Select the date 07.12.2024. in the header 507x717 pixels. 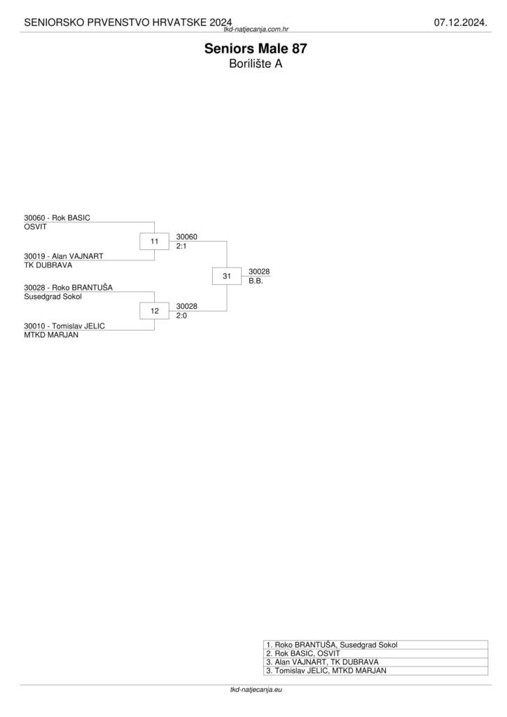460,23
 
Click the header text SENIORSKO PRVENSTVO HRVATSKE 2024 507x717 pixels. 128,23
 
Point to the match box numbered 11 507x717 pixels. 154,242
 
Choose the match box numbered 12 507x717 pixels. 154,310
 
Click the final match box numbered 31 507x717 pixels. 227,277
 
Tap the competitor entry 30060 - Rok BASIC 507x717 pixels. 57,218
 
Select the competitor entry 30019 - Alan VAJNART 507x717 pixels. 63,256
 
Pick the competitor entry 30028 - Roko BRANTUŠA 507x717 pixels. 69,287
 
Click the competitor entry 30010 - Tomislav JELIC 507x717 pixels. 64,326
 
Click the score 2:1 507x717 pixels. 181,246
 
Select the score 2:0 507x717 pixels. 181,316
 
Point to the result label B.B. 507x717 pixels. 256,281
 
